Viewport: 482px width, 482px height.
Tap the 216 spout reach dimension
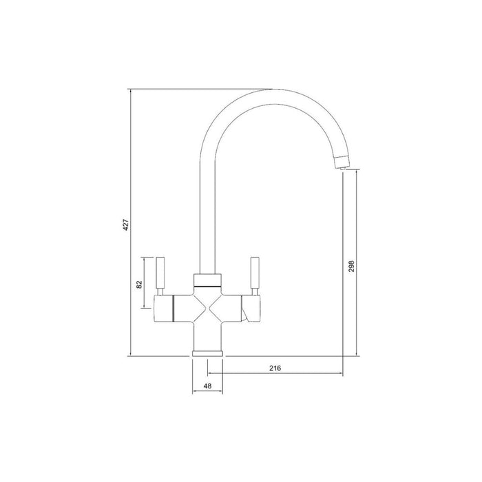pyautogui.click(x=274, y=368)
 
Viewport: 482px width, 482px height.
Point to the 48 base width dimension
pyautogui.click(x=207, y=386)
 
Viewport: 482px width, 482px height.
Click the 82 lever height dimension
pyautogui.click(x=140, y=283)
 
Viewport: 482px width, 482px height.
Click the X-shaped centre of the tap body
pyautogui.click(x=207, y=306)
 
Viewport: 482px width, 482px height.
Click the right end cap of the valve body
pyautogui.click(x=252, y=307)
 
